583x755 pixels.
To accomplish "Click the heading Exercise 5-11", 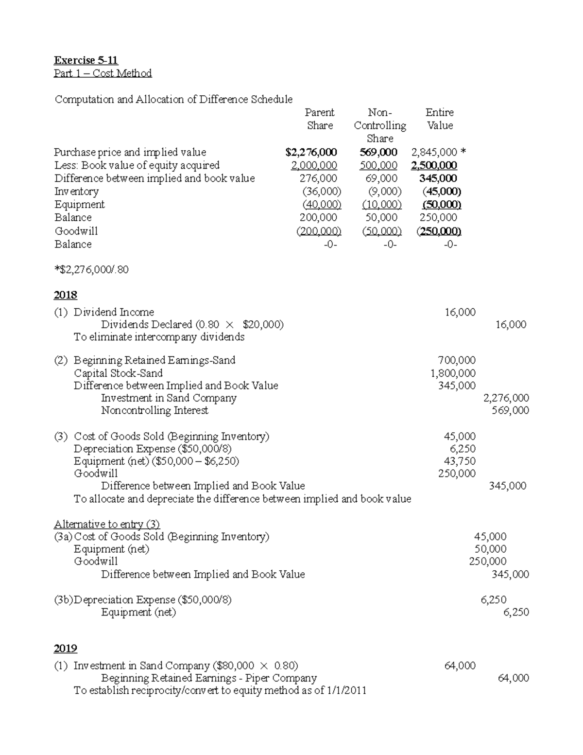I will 86,60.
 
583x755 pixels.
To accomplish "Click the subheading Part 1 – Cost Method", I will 103,73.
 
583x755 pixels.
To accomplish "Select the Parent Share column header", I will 320,119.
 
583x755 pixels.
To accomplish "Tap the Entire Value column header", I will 439,119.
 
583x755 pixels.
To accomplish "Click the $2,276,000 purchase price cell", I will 311,152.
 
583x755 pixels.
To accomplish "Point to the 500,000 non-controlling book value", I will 378,165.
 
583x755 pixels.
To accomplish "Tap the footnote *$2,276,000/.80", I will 91,269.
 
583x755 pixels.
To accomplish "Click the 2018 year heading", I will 65,295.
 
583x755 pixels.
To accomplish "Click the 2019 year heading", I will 65,649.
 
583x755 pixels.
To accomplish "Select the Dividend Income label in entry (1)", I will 114,312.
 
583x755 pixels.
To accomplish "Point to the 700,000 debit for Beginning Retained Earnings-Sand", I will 457,360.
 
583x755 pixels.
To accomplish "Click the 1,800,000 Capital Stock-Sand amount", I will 453,373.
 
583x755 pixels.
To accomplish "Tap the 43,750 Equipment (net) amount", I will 460,461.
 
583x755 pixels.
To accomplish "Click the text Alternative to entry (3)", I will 107,524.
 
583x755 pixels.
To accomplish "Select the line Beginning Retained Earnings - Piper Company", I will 209,678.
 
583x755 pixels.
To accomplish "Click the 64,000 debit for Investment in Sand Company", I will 460,666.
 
